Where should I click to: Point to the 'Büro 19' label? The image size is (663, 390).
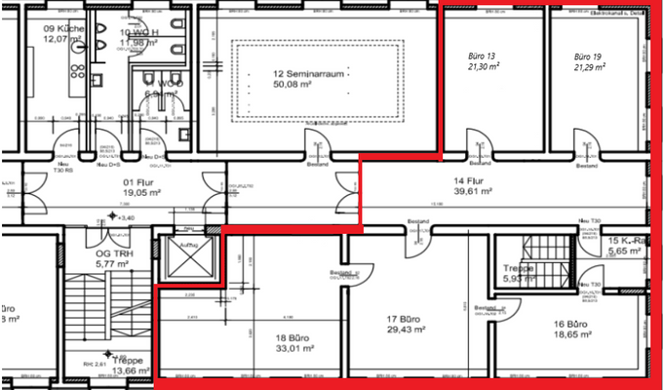[x=588, y=57]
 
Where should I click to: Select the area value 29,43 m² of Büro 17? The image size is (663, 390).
[x=407, y=330]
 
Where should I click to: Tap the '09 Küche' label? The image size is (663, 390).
[x=63, y=28]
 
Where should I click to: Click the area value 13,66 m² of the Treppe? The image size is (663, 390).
[x=126, y=371]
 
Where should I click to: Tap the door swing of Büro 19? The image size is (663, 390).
[x=586, y=145]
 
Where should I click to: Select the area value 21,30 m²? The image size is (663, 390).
[x=484, y=67]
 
